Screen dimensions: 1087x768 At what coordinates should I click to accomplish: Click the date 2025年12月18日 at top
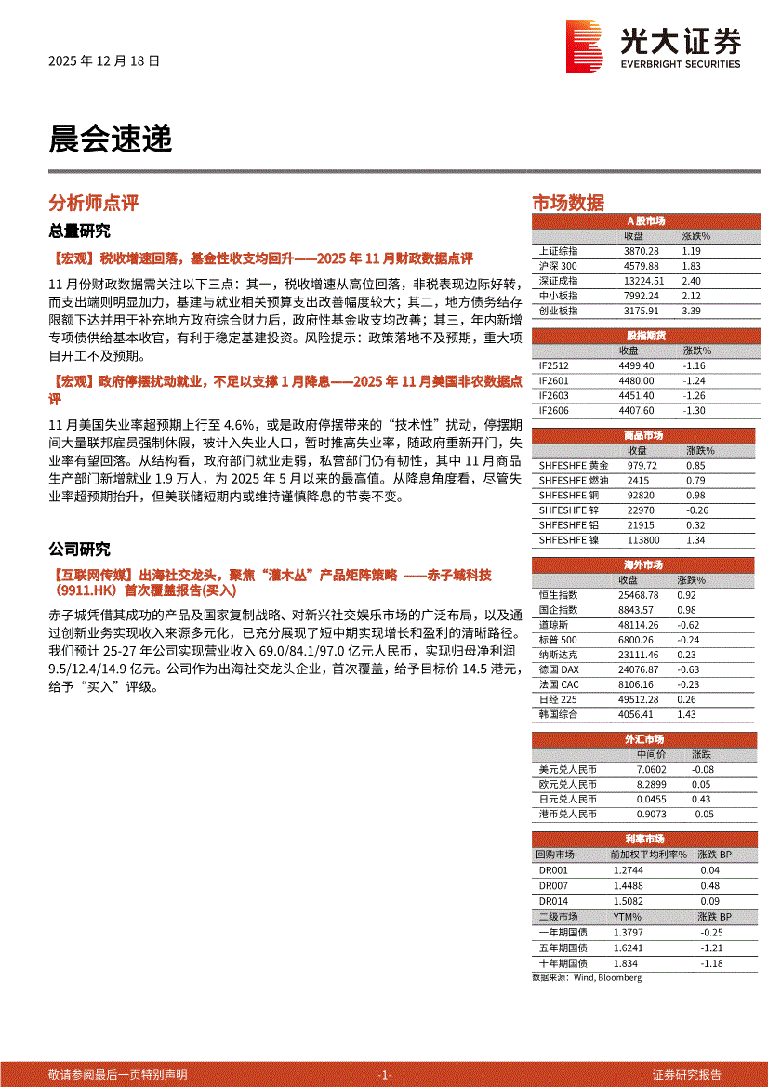(104, 61)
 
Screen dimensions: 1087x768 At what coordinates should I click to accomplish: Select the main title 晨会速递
(111, 139)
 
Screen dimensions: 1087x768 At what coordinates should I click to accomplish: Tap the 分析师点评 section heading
(93, 203)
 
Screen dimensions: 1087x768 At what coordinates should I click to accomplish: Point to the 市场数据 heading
(567, 203)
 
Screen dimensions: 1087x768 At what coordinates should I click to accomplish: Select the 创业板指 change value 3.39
(690, 311)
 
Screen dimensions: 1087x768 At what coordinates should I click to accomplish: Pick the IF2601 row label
(553, 380)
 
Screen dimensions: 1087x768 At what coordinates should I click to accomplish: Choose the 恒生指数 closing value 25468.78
(638, 594)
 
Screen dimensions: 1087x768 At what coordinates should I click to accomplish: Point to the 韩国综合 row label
(558, 714)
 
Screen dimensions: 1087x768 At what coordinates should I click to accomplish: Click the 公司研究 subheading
(79, 550)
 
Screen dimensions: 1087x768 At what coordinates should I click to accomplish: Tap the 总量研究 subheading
(79, 231)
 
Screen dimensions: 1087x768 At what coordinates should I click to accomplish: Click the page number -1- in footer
(385, 1074)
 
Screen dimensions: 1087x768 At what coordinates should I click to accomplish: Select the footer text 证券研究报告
(687, 1074)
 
